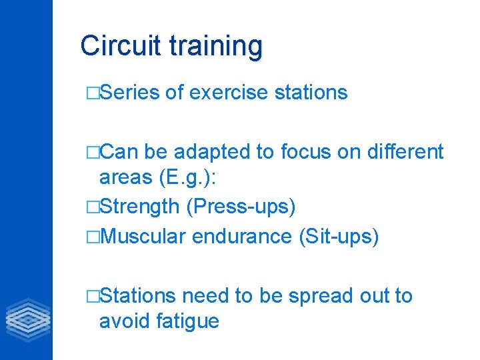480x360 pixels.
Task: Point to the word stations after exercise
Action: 311,93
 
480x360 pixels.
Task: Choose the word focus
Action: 307,152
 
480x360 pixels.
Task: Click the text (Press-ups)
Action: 241,207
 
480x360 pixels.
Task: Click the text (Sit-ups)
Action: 340,237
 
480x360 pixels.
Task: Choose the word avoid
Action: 125,321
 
